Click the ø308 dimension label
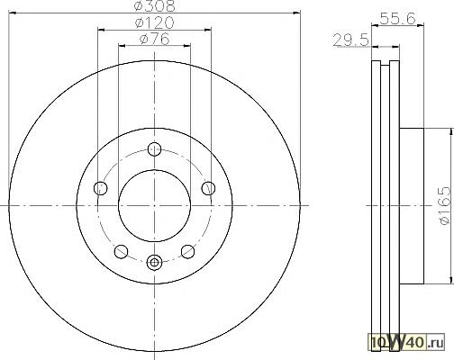[x=154, y=5]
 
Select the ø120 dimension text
[x=154, y=22]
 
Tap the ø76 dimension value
[x=154, y=39]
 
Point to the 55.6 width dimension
[x=398, y=19]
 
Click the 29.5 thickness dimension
[x=350, y=40]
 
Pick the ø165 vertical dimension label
[x=445, y=205]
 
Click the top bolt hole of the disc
[x=155, y=149]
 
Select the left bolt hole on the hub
[x=101, y=188]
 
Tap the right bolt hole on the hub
[x=208, y=188]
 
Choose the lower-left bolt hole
[x=122, y=251]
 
